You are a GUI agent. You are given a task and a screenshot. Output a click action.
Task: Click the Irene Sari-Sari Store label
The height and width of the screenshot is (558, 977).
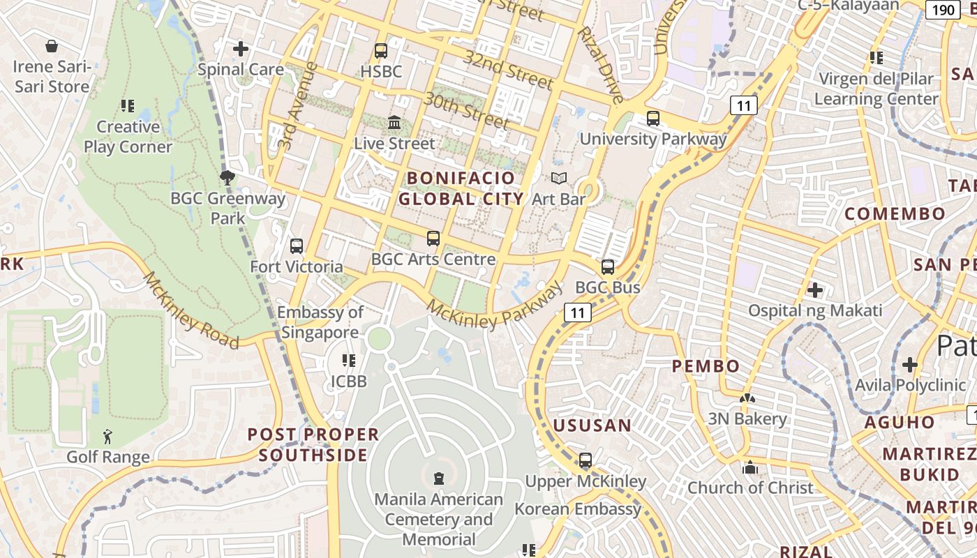tap(52, 77)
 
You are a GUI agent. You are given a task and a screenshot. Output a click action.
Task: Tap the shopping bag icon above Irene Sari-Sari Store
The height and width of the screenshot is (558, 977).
tap(52, 47)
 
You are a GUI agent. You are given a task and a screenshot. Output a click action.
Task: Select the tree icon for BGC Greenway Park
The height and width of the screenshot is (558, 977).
tap(227, 177)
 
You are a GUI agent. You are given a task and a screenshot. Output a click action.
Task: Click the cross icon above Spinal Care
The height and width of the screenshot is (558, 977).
tap(241, 48)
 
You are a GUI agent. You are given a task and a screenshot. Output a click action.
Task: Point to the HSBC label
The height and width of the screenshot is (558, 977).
tap(381, 71)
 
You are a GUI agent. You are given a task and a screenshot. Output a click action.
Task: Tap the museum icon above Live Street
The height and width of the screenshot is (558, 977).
tap(394, 122)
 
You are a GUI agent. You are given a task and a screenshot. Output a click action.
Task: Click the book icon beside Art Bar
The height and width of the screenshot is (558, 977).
tap(559, 178)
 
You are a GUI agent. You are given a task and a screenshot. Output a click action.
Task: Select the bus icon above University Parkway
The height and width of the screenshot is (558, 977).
tap(653, 118)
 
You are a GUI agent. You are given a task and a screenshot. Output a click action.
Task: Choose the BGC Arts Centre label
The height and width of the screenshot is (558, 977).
tap(433, 259)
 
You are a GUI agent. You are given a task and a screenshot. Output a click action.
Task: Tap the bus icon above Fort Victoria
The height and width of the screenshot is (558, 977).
tap(297, 246)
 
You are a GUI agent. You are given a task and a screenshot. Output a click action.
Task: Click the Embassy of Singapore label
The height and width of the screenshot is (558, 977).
tap(320, 322)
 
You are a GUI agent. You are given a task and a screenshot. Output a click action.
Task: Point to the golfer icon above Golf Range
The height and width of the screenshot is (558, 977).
tap(107, 437)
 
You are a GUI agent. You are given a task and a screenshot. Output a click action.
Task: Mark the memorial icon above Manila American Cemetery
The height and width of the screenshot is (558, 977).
tap(438, 478)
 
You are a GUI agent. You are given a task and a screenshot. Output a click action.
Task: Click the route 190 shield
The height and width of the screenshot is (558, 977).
tap(943, 9)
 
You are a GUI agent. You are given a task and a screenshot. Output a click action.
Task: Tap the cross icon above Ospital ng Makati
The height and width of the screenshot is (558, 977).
tap(814, 289)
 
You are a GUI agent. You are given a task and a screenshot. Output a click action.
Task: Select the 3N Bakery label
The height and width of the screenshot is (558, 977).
tap(747, 418)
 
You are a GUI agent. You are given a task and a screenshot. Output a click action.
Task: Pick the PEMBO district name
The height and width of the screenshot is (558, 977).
tap(706, 365)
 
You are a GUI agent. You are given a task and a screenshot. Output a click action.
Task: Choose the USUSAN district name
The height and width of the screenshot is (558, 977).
tap(592, 425)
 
